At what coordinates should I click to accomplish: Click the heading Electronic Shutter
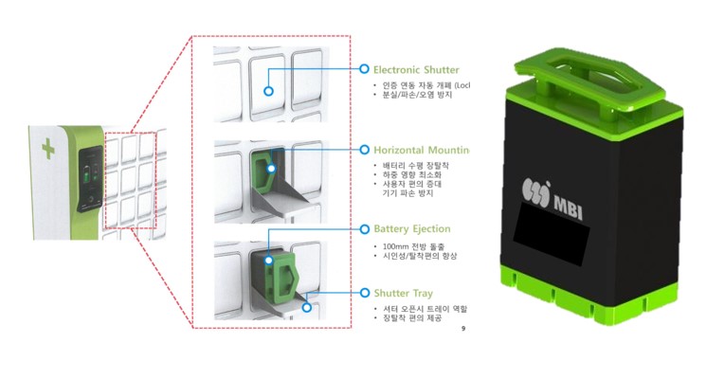tap(416, 69)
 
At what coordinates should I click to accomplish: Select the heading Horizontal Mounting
tap(421, 150)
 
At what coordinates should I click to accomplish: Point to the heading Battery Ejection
tap(411, 229)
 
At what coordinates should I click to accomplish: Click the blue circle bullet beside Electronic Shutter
tap(364, 69)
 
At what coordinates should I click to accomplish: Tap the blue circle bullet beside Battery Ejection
tap(364, 229)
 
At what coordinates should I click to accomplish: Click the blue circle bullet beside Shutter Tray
tap(364, 294)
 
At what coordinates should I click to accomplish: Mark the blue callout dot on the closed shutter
tap(269, 92)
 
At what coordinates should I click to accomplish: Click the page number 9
tap(462, 329)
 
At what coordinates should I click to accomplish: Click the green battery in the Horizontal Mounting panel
tap(267, 169)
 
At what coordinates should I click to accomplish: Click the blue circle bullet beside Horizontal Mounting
tap(364, 150)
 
